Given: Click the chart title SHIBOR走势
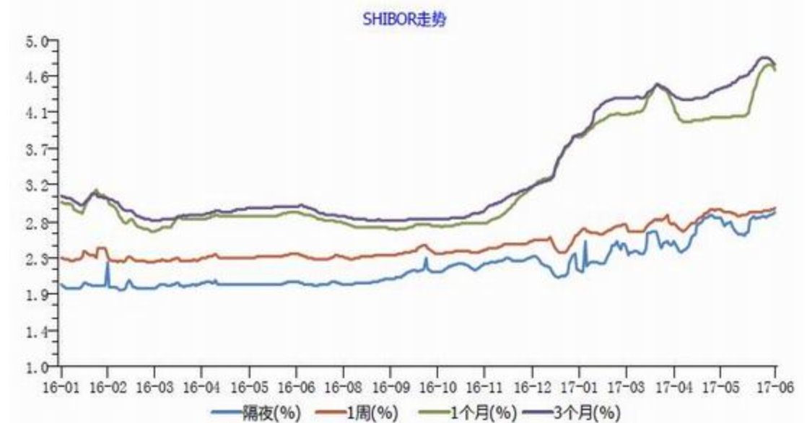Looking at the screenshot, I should (404, 19).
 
